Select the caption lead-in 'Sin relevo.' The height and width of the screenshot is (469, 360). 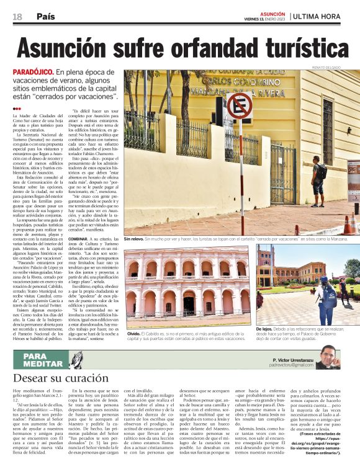pyautogui.click(x=135, y=239)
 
